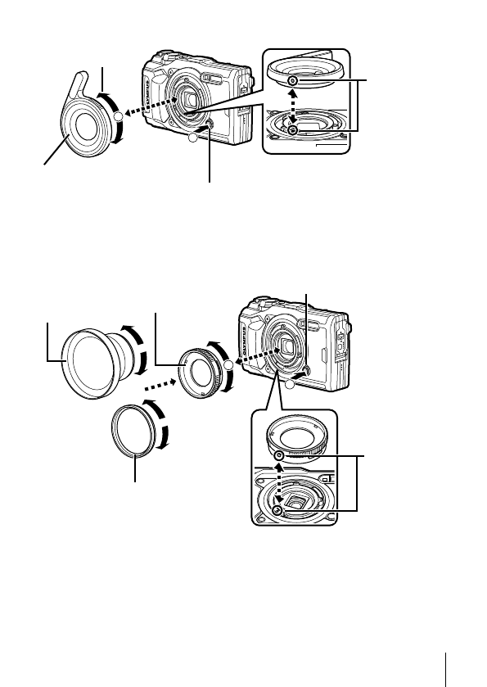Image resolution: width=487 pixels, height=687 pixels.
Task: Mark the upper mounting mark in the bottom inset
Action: coord(280,454)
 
